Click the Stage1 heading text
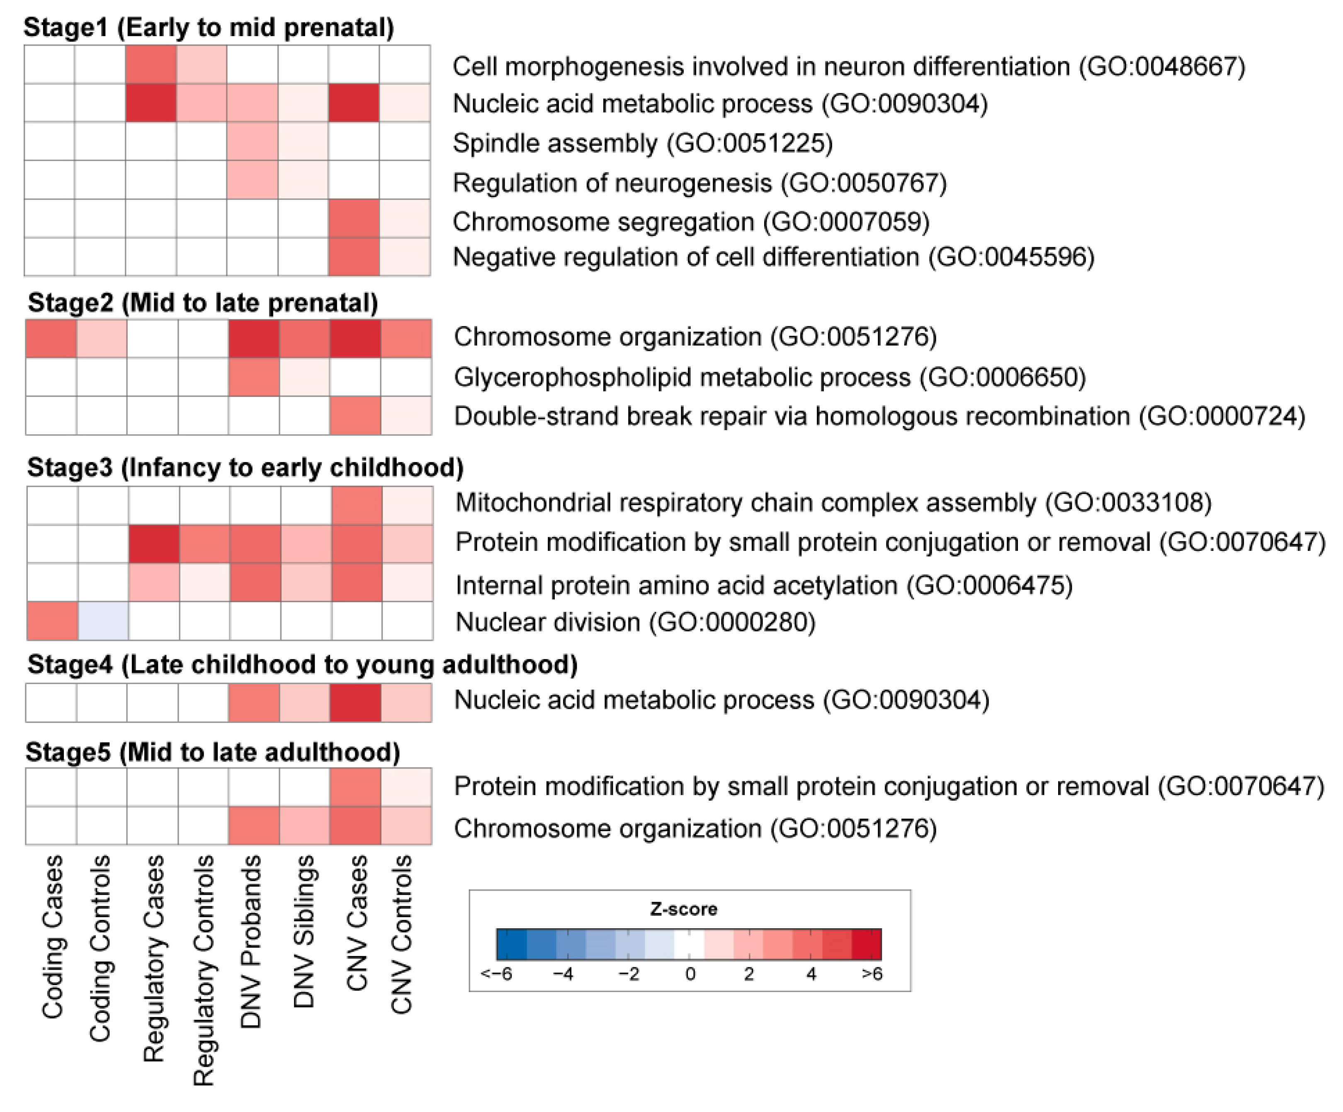(209, 27)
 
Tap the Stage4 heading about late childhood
(302, 665)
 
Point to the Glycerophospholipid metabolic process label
(769, 377)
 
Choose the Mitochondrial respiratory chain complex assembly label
(833, 503)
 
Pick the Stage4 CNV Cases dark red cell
(356, 703)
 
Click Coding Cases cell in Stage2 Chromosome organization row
(51, 338)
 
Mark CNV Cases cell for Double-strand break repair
(356, 416)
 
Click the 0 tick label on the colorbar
(690, 974)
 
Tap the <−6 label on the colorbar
(497, 974)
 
